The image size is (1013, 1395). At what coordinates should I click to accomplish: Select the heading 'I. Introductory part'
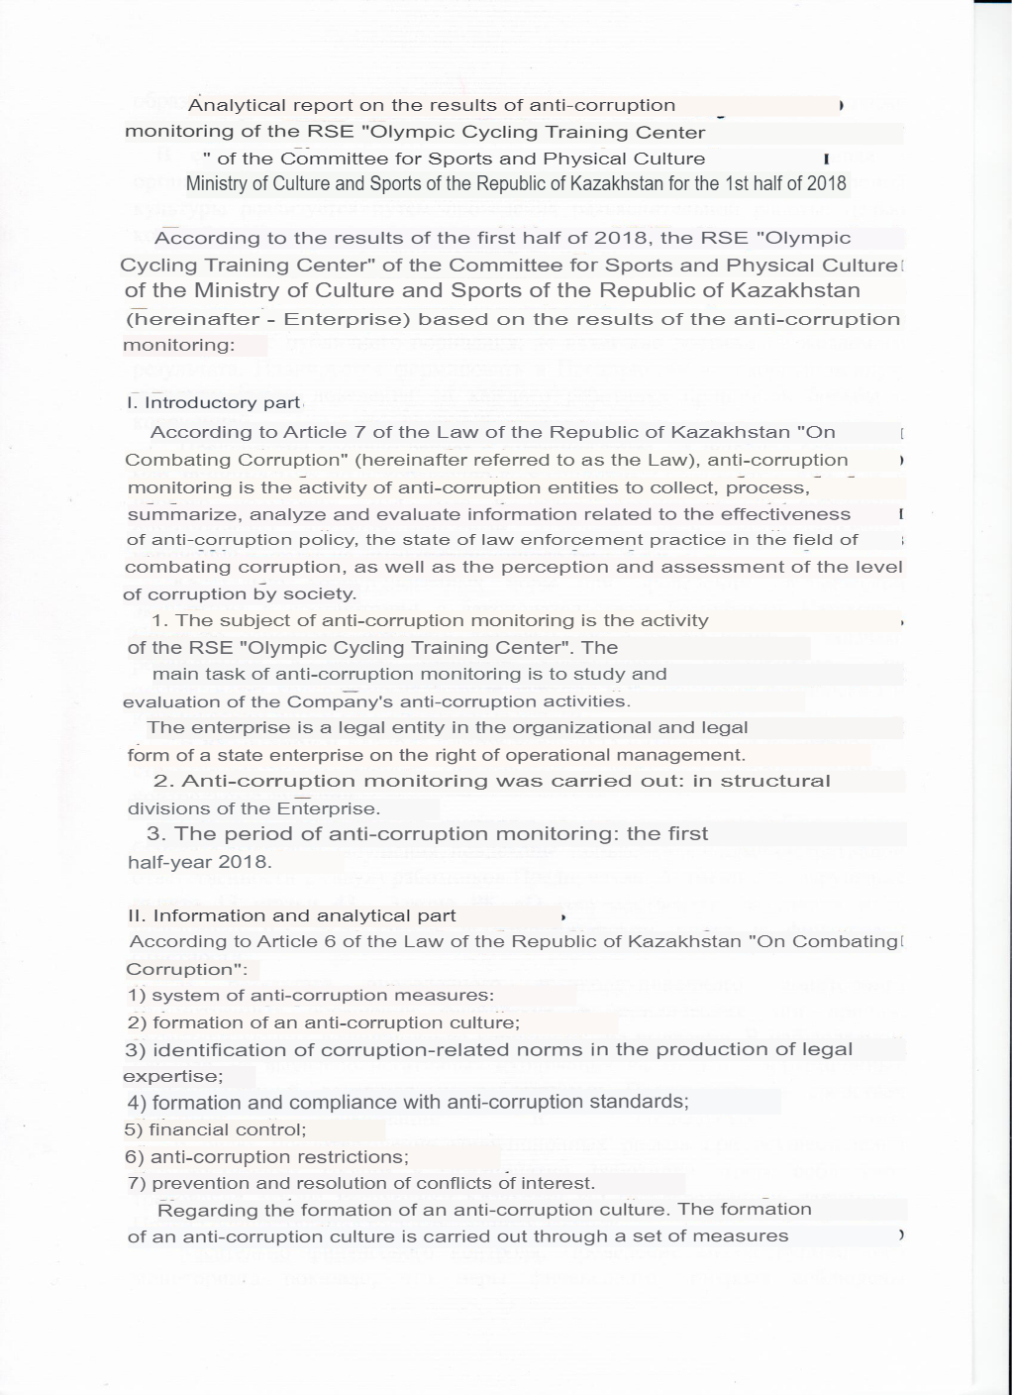click(x=213, y=402)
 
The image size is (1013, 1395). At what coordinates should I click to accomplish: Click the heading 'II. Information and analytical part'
click(x=292, y=915)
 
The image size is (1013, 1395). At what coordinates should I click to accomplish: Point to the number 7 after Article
click(x=341, y=432)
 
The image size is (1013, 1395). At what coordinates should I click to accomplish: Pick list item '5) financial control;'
click(x=216, y=1129)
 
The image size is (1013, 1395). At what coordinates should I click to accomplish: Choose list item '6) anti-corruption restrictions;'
click(x=267, y=1156)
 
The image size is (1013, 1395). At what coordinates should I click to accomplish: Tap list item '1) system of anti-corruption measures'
click(x=310, y=995)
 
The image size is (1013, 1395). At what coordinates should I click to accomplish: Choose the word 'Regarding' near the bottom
click(x=207, y=1210)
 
